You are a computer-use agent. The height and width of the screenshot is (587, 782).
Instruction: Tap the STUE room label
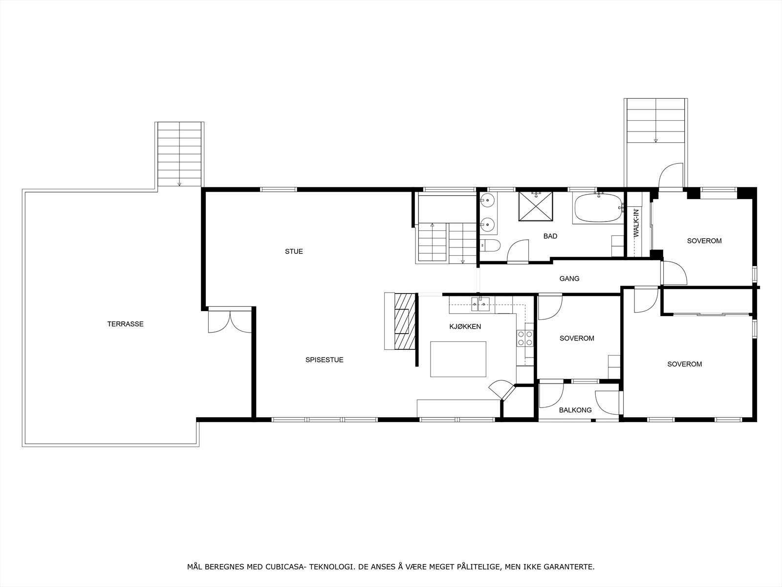coord(294,251)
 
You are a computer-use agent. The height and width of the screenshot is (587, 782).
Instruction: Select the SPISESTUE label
coord(324,360)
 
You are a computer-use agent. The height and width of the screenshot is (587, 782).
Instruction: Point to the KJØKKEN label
coord(465,326)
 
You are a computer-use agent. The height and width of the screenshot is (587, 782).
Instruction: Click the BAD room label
coord(550,236)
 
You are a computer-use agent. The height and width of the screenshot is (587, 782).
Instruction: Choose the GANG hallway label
coord(569,278)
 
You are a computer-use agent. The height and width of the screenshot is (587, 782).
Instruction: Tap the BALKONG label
coord(575,410)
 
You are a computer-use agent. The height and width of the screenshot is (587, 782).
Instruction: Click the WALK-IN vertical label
coord(636,223)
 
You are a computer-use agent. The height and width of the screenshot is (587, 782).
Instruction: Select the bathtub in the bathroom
coord(597,208)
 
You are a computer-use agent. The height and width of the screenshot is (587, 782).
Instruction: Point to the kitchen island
coord(458,359)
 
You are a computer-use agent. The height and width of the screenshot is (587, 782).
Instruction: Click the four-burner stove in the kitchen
coord(525,338)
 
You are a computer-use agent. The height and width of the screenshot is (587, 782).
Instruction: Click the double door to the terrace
coord(229,320)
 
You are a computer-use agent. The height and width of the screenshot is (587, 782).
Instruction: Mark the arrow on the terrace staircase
coord(179,183)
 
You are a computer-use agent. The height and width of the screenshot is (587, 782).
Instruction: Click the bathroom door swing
coord(518,250)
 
